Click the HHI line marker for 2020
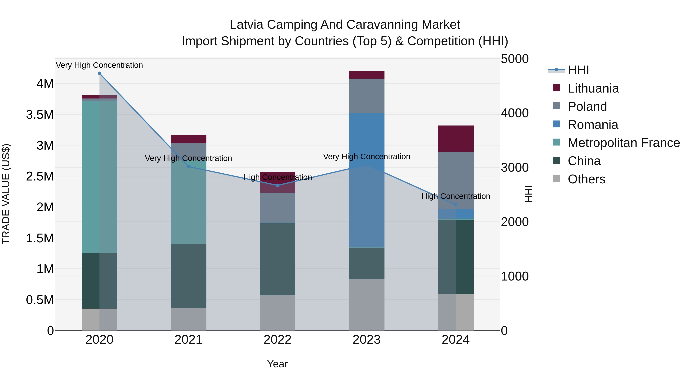(99, 73)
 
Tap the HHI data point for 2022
(278, 185)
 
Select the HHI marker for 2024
(456, 205)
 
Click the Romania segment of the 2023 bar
(366, 179)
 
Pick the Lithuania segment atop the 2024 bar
(456, 139)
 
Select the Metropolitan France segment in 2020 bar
(99, 177)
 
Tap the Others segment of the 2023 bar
(366, 305)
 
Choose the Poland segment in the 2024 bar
(456, 180)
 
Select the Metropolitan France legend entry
(623, 143)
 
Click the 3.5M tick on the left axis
(40, 115)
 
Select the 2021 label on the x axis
(188, 340)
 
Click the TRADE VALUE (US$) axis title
(6, 194)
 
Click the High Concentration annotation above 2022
(278, 177)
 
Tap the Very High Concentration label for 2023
(366, 157)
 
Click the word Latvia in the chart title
(246, 25)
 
